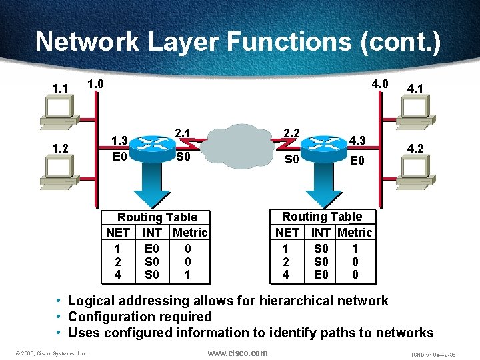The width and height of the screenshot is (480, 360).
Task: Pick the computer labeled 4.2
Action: tap(427, 170)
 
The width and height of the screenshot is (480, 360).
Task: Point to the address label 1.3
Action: tap(120, 141)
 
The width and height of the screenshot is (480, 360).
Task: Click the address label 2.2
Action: tap(291, 133)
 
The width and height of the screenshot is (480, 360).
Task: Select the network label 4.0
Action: tap(380, 85)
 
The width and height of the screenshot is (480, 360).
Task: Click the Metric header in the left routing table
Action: tap(190, 233)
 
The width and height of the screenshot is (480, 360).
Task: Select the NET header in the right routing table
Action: tap(287, 233)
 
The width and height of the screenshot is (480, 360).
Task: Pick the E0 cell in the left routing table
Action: tap(152, 249)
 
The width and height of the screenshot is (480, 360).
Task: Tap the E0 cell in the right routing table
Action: tap(321, 274)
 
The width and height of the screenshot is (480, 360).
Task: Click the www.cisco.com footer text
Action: tap(237, 353)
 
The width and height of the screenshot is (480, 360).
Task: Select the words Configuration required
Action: tap(140, 317)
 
